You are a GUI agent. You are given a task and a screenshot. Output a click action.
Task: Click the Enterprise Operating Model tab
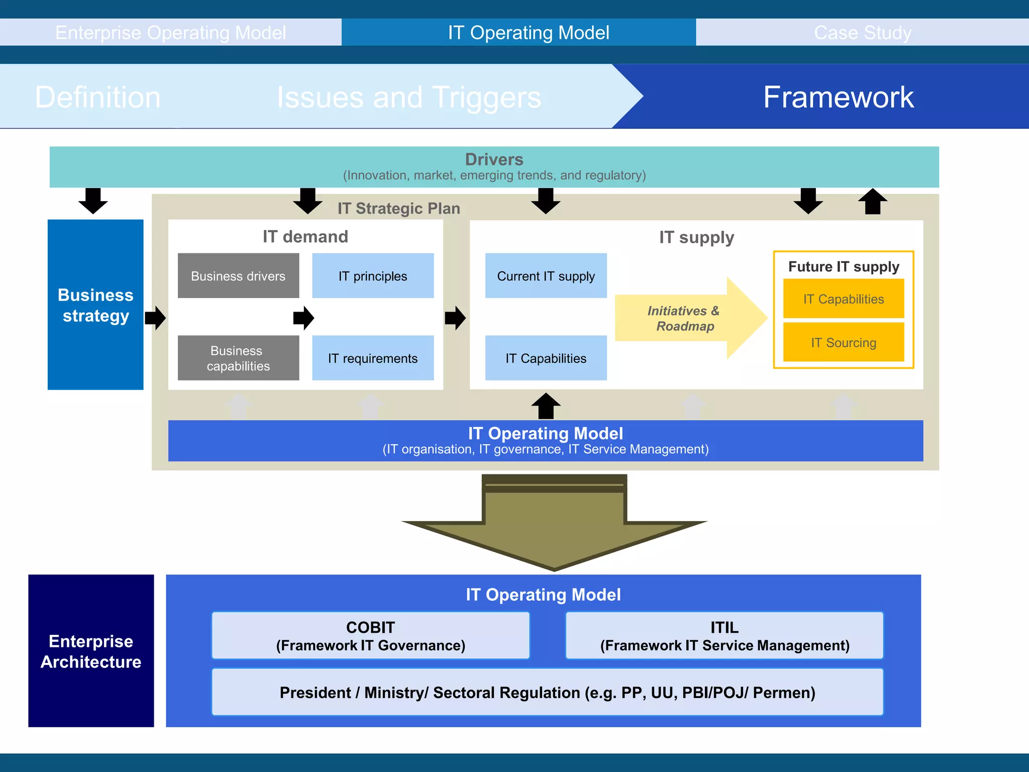(170, 33)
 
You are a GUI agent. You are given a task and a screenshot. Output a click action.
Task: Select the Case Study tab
(862, 33)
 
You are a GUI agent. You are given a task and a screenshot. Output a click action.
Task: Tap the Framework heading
(838, 97)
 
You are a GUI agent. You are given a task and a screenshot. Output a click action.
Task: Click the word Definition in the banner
(98, 97)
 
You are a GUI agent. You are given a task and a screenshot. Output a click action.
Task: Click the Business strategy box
(95, 305)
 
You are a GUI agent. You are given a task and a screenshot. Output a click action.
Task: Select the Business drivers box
(238, 276)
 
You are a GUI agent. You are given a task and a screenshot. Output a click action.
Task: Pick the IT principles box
(373, 276)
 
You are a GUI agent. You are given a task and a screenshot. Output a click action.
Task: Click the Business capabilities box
(238, 358)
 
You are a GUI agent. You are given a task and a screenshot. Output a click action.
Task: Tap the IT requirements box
(373, 358)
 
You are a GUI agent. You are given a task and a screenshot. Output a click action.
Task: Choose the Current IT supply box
(546, 276)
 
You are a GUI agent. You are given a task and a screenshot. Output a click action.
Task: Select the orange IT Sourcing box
(843, 343)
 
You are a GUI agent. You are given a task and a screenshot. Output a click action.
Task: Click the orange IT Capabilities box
(843, 299)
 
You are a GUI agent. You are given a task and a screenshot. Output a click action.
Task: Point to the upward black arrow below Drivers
(872, 201)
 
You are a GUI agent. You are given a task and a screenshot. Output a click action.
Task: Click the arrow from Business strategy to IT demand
(155, 318)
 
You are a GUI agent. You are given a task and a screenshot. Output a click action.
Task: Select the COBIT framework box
(370, 636)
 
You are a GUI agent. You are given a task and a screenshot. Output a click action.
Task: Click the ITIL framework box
(724, 636)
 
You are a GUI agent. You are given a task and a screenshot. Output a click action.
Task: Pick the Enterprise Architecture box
(91, 651)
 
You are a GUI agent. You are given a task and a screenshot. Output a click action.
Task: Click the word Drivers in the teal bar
(494, 159)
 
